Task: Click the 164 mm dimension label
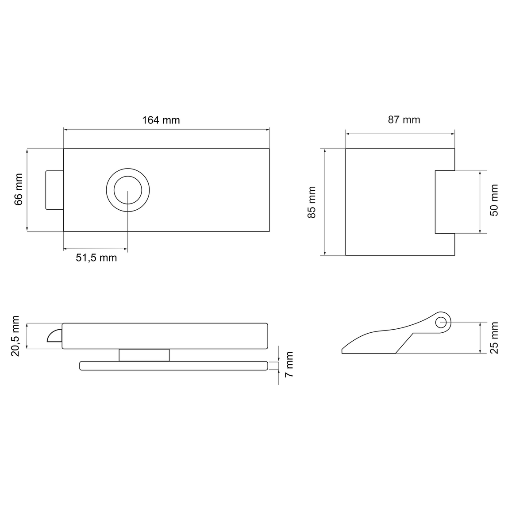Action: (x=161, y=120)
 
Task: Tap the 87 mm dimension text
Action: (x=404, y=119)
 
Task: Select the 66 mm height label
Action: (x=19, y=189)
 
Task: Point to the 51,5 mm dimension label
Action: (x=96, y=258)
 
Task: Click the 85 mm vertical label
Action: (x=312, y=202)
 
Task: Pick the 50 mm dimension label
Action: (x=494, y=200)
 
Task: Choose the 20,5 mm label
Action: (x=15, y=336)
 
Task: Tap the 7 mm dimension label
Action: (x=289, y=364)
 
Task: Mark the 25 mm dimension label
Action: (x=494, y=338)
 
